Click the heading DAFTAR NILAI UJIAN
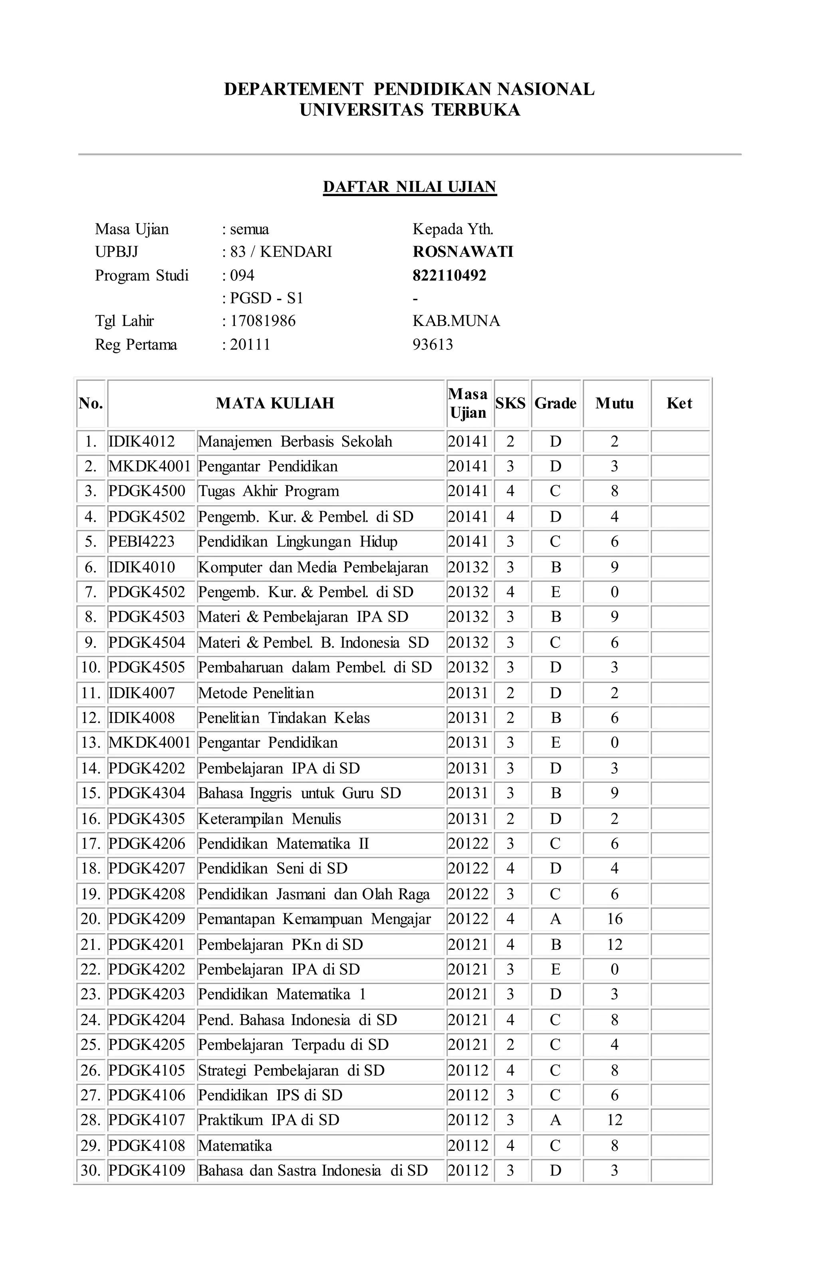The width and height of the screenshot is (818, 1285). pyautogui.click(x=409, y=187)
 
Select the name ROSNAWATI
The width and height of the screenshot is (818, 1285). pyautogui.click(x=463, y=252)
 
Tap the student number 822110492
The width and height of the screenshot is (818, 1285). pyautogui.click(x=449, y=275)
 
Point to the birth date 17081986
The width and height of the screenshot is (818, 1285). pyautogui.click(x=262, y=321)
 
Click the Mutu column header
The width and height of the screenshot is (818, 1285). pyautogui.click(x=615, y=403)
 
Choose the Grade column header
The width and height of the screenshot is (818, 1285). pyautogui.click(x=556, y=403)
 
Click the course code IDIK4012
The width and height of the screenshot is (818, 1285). pyautogui.click(x=142, y=441)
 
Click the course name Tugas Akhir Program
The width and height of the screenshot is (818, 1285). pyautogui.click(x=268, y=491)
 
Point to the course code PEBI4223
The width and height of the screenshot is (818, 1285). pyautogui.click(x=142, y=542)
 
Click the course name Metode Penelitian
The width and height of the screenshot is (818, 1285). pyautogui.click(x=256, y=693)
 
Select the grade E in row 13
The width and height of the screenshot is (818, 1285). pyautogui.click(x=556, y=743)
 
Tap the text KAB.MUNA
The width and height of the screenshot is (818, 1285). pyautogui.click(x=456, y=321)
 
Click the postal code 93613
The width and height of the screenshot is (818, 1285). pyautogui.click(x=433, y=344)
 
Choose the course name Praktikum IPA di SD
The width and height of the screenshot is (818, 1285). pyautogui.click(x=268, y=1120)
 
